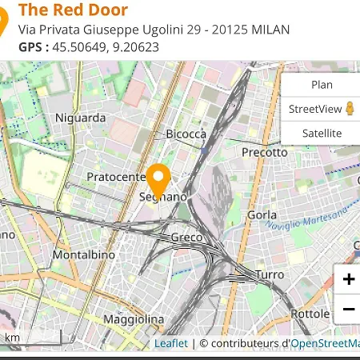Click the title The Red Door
pyautogui.click(x=73, y=10)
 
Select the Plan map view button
pyautogui.click(x=321, y=85)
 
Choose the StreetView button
pyautogui.click(x=321, y=109)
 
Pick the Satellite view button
pyautogui.click(x=321, y=134)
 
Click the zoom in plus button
pyautogui.click(x=348, y=279)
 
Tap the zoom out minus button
pyautogui.click(x=348, y=309)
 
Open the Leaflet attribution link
pyautogui.click(x=170, y=343)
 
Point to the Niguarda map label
pyautogui.click(x=80, y=118)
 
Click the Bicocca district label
pyautogui.click(x=186, y=134)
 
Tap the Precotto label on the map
pyautogui.click(x=264, y=152)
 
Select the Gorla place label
pyautogui.click(x=262, y=215)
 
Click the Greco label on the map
pyautogui.click(x=186, y=238)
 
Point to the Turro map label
pyautogui.click(x=269, y=274)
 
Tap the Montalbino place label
pyautogui.click(x=83, y=254)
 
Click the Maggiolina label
pyautogui.click(x=133, y=319)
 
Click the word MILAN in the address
pyautogui.click(x=270, y=30)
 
